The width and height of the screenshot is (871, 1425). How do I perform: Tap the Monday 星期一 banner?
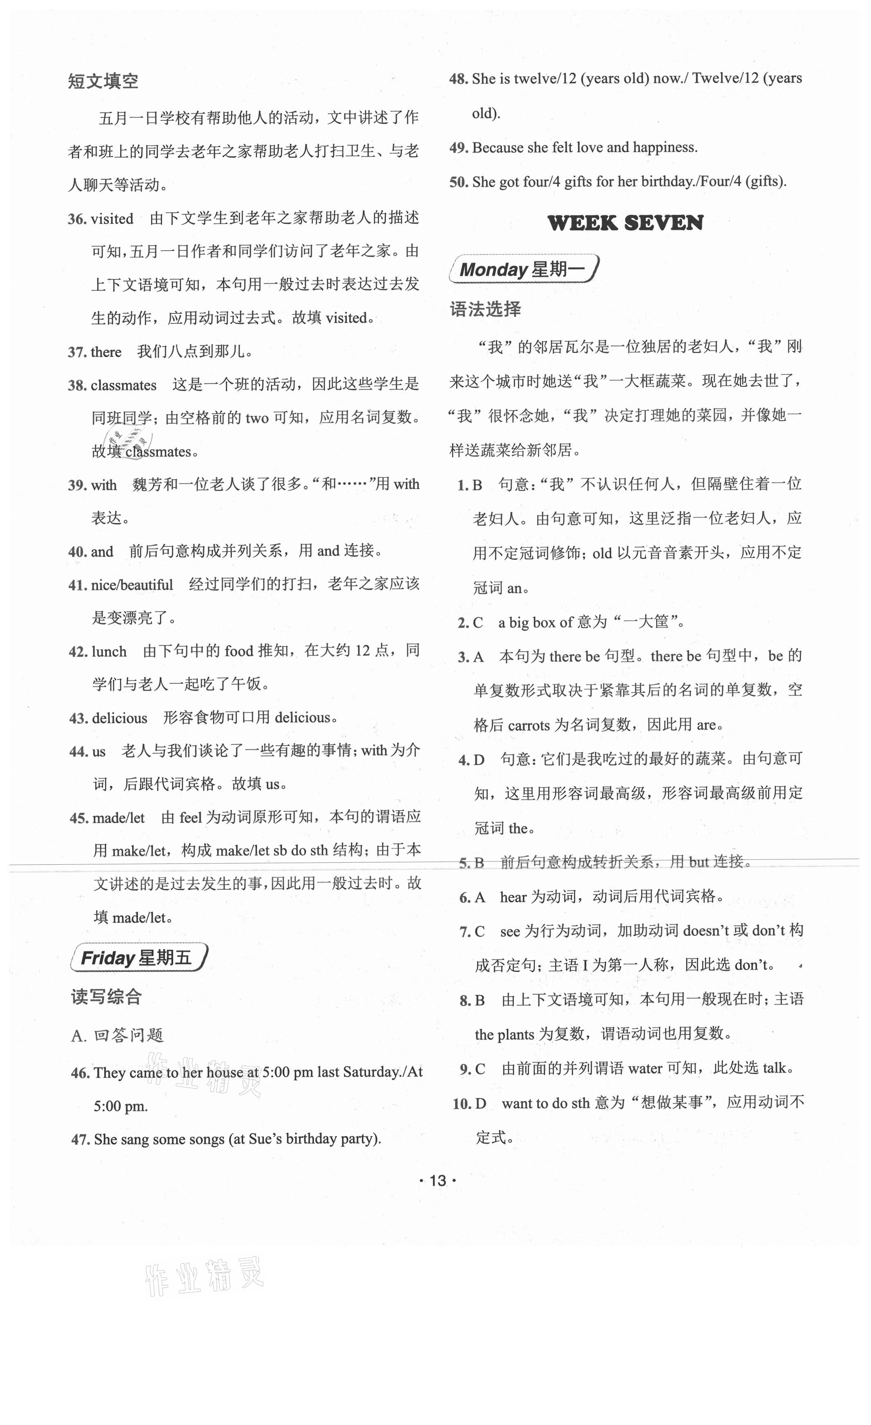pyautogui.click(x=524, y=269)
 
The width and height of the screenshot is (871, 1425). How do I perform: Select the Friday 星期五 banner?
pyautogui.click(x=137, y=958)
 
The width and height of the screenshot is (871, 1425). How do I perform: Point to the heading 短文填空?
pyautogui.click(x=103, y=81)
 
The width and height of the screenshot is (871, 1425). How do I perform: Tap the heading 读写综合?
pyautogui.click(x=106, y=997)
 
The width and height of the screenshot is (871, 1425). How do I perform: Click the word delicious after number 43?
pyautogui.click(x=119, y=718)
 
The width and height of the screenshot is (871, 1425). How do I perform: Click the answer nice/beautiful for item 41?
pyautogui.click(x=132, y=585)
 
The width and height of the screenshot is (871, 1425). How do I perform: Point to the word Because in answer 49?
pyautogui.click(x=497, y=147)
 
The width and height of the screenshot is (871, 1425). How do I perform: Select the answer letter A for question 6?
pyautogui.click(x=480, y=897)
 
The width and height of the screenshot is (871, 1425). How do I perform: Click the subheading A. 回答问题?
pyautogui.click(x=117, y=1036)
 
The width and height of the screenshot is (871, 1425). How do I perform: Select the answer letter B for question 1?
pyautogui.click(x=477, y=485)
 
